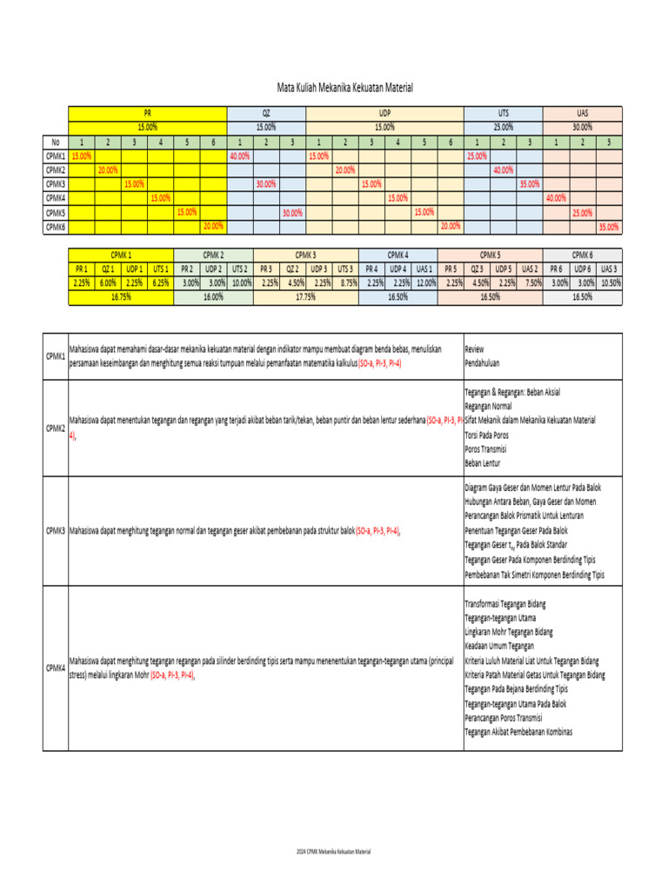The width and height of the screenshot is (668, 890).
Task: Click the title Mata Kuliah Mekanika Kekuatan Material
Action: [x=344, y=88]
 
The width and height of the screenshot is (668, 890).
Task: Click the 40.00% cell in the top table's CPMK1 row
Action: [x=239, y=156]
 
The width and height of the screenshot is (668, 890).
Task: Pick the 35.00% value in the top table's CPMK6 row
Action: [x=608, y=227]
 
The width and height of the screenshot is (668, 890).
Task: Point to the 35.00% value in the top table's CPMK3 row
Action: [x=529, y=184]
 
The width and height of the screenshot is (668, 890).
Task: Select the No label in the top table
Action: [x=55, y=142]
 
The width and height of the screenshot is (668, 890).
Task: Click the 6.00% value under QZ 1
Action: [x=108, y=282]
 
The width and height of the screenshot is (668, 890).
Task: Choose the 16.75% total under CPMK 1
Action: [x=121, y=296]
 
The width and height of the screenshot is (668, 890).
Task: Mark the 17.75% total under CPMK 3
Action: [x=305, y=296]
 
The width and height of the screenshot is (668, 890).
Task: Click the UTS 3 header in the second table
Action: [x=345, y=269]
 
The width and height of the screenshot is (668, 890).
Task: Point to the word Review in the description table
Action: [x=477, y=349]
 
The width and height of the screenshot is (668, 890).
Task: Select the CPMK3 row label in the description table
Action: [x=56, y=530]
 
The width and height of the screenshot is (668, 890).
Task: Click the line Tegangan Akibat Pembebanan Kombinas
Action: [x=518, y=733]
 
